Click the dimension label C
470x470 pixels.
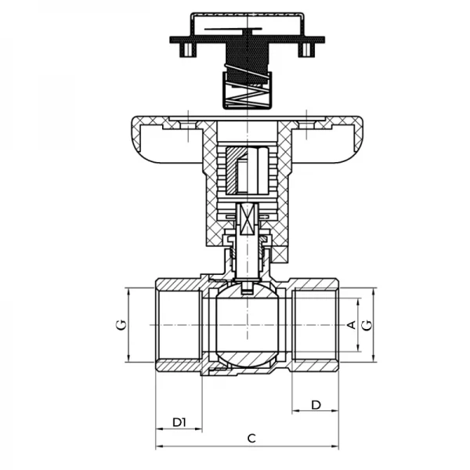point(251,439)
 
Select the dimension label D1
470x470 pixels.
point(179,422)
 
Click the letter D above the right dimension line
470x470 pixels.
point(316,404)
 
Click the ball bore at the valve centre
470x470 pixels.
point(245,325)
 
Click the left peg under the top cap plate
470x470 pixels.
point(186,50)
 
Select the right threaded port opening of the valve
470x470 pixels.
point(317,324)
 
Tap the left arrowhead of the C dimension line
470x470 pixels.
point(159,447)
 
